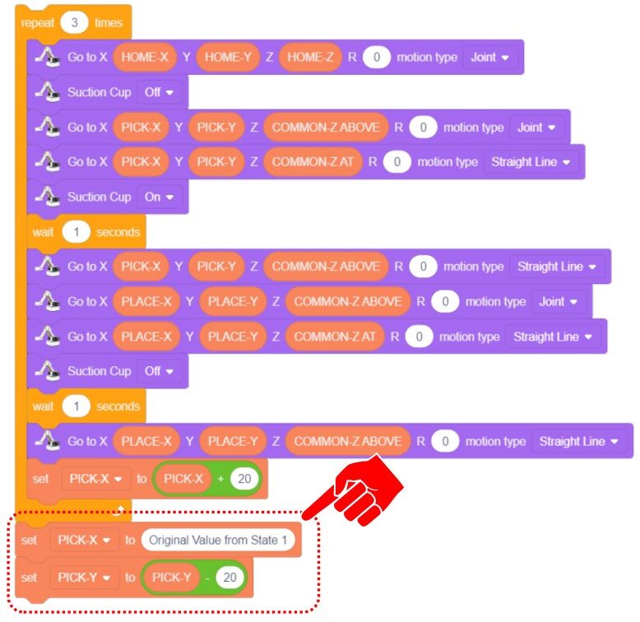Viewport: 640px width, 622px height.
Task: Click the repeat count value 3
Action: coord(74,22)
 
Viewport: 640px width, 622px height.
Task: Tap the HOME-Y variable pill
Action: coord(223,58)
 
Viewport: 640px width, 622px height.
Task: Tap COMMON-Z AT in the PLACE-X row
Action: coord(334,337)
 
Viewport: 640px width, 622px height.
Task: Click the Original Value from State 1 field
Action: coord(218,541)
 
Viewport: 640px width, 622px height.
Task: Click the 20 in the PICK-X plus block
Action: coord(243,478)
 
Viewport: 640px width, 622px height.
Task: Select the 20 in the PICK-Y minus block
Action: coord(230,578)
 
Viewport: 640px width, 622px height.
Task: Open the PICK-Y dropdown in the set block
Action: coord(86,578)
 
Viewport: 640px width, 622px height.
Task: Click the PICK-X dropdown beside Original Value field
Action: coord(86,541)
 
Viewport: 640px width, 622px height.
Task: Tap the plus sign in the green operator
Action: coord(220,478)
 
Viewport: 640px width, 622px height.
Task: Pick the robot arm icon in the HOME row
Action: coord(47,58)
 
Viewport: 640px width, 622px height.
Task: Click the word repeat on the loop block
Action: coord(37,22)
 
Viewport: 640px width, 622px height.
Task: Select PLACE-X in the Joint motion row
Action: coord(146,302)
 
